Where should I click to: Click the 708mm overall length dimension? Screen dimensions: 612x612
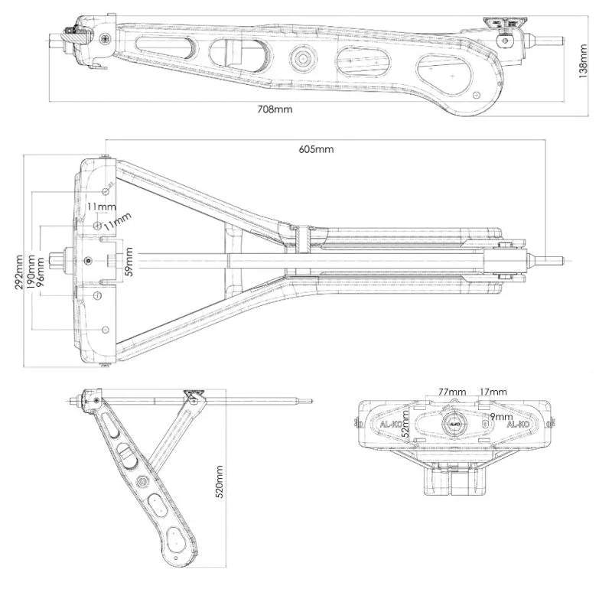276,109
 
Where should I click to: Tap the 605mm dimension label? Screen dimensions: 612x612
316,149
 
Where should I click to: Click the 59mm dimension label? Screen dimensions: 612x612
129,260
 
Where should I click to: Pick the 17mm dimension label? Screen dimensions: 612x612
493,392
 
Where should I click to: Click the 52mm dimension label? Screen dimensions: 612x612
407,433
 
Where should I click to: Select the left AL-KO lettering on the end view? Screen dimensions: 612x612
392,423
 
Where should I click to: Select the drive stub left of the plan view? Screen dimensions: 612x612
60,260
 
